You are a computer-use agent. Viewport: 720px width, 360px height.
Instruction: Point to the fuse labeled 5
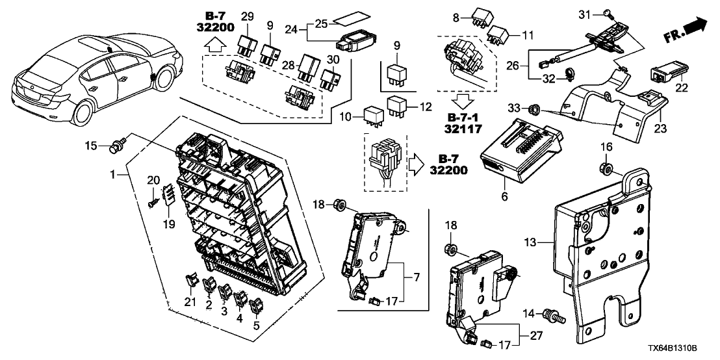point(257,303)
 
